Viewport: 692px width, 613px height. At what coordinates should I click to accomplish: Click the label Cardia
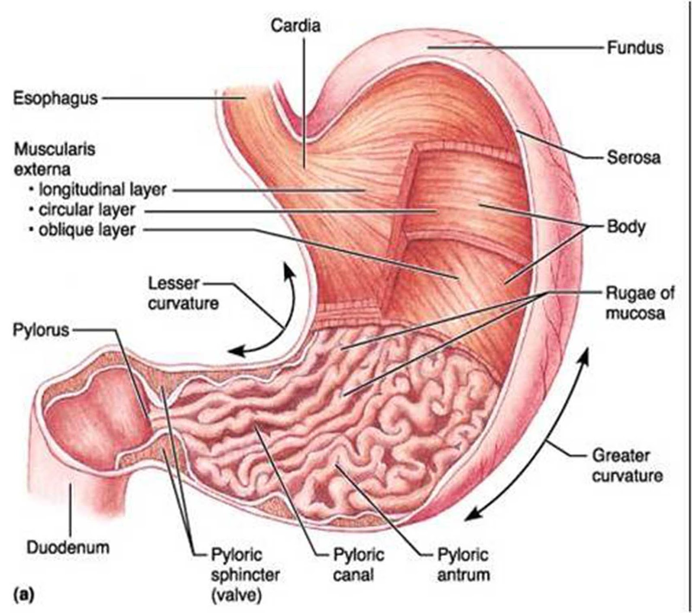(x=296, y=26)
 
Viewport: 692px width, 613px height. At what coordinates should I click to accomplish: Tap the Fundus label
(x=635, y=47)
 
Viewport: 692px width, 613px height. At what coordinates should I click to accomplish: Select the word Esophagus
(x=55, y=98)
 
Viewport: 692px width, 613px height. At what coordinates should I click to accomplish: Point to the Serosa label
(x=634, y=158)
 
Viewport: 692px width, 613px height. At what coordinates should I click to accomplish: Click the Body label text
(x=626, y=226)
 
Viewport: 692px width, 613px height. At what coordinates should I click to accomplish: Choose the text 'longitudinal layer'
(x=103, y=190)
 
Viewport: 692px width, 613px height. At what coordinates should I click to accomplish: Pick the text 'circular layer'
(x=87, y=210)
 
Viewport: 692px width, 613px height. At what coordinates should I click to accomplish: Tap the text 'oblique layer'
(x=87, y=230)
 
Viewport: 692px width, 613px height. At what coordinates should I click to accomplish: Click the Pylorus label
(x=41, y=330)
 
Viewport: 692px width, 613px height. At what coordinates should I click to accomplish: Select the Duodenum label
(x=68, y=548)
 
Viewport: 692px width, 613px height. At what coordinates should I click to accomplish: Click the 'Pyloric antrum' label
(x=463, y=565)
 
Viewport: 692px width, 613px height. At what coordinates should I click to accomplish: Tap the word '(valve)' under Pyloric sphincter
(x=236, y=596)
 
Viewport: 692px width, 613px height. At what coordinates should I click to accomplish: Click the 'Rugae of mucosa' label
(x=639, y=303)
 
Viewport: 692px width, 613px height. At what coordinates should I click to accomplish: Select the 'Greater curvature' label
(x=627, y=466)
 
